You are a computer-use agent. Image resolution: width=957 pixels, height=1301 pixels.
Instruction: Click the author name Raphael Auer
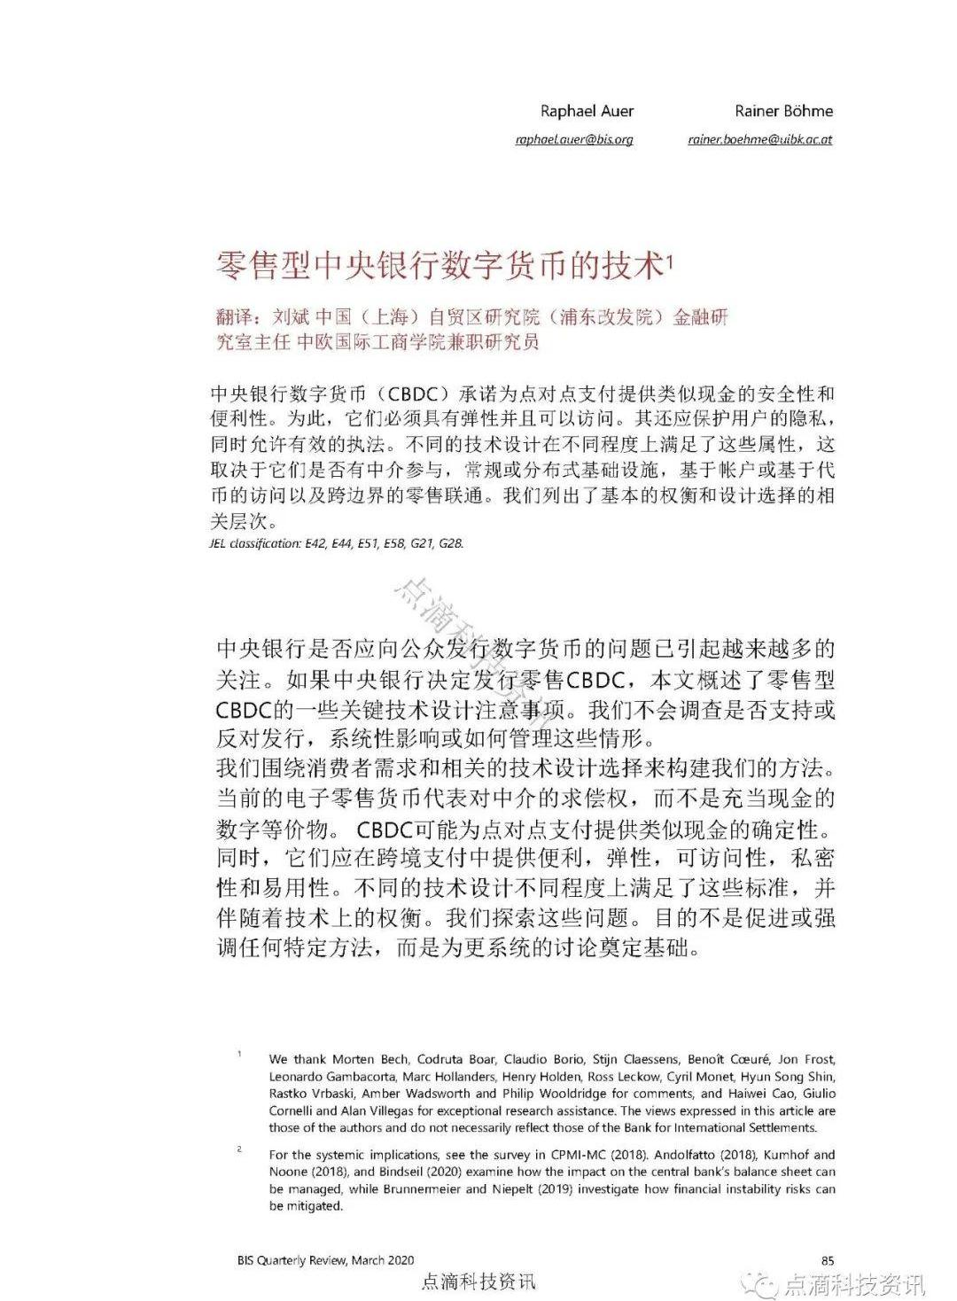pyautogui.click(x=587, y=111)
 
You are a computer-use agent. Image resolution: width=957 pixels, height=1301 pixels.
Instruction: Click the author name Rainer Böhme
pyautogui.click(x=783, y=111)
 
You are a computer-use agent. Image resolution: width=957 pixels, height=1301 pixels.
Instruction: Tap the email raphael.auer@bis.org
pyautogui.click(x=574, y=140)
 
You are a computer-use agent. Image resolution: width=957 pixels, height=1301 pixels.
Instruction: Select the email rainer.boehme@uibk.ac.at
pyautogui.click(x=759, y=140)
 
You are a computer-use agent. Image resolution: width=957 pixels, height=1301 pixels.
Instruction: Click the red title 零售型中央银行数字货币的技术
pyautogui.click(x=440, y=265)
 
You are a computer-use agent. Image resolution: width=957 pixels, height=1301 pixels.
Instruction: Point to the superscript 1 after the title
pyautogui.click(x=671, y=260)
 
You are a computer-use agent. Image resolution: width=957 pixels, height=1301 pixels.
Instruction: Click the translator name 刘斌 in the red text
pyautogui.click(x=292, y=317)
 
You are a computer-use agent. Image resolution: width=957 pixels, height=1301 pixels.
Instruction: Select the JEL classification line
pyautogui.click(x=336, y=543)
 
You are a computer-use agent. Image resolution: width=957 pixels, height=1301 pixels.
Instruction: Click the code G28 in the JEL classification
pyautogui.click(x=451, y=543)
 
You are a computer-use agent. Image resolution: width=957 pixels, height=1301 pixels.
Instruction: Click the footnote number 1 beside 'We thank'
pyautogui.click(x=239, y=1054)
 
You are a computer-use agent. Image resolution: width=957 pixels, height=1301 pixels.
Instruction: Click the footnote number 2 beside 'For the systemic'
pyautogui.click(x=239, y=1149)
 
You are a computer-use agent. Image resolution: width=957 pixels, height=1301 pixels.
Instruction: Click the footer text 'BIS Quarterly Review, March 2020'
pyautogui.click(x=325, y=1260)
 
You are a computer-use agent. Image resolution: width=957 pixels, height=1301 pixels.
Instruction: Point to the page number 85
pyautogui.click(x=828, y=1260)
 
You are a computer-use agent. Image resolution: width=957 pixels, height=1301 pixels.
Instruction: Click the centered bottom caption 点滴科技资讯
pyautogui.click(x=479, y=1282)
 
